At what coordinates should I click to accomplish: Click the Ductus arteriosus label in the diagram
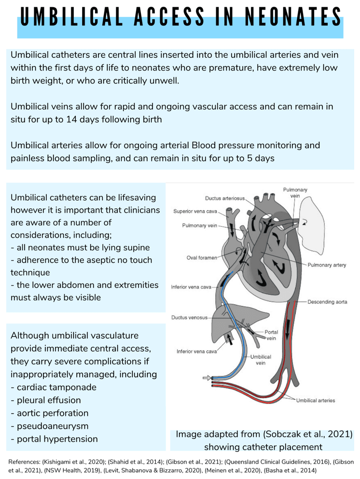pyautogui.click(x=225, y=198)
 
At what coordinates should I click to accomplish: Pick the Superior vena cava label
pyautogui.click(x=195, y=211)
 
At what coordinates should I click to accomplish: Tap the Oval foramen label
pyautogui.click(x=201, y=257)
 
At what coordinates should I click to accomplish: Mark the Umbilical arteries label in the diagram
pyautogui.click(x=316, y=400)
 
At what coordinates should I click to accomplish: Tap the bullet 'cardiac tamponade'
pyautogui.click(x=56, y=387)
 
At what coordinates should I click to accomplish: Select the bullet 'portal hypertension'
pyautogui.click(x=57, y=439)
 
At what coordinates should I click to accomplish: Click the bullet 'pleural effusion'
pyautogui.click(x=49, y=400)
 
